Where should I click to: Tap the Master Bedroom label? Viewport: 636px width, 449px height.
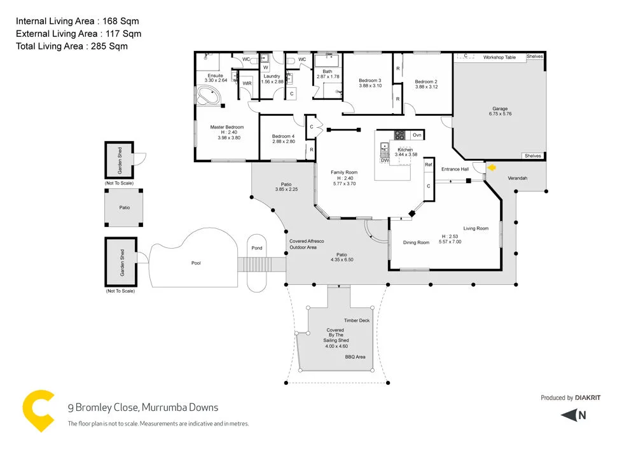point(227,127)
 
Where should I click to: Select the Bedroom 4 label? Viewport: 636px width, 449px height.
point(284,136)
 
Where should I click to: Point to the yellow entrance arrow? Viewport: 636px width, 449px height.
point(492,168)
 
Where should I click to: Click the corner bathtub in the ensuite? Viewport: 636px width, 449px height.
point(208,97)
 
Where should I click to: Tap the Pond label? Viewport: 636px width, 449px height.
point(257,248)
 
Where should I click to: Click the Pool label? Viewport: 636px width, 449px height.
point(196,262)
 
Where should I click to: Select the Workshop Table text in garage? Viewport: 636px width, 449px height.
point(499,57)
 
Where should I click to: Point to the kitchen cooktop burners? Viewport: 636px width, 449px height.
point(400,135)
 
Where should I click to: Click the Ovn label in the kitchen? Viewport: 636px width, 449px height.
point(417,135)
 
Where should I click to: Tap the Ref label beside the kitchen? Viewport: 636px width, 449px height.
point(428,165)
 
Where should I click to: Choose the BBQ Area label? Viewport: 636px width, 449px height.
point(355,357)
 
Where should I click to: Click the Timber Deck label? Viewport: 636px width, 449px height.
point(357,321)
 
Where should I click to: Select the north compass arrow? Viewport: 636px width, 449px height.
point(573,415)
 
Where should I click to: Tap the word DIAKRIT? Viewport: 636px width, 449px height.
point(588,398)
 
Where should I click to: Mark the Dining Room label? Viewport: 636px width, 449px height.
point(416,242)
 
